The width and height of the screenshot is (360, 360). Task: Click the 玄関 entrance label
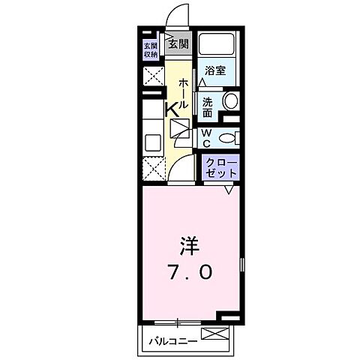[x=177, y=44]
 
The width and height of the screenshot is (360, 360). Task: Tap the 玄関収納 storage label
[x=151, y=49]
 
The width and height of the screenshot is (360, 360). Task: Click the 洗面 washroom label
[x=208, y=106]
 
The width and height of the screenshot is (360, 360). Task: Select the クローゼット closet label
[x=220, y=167]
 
